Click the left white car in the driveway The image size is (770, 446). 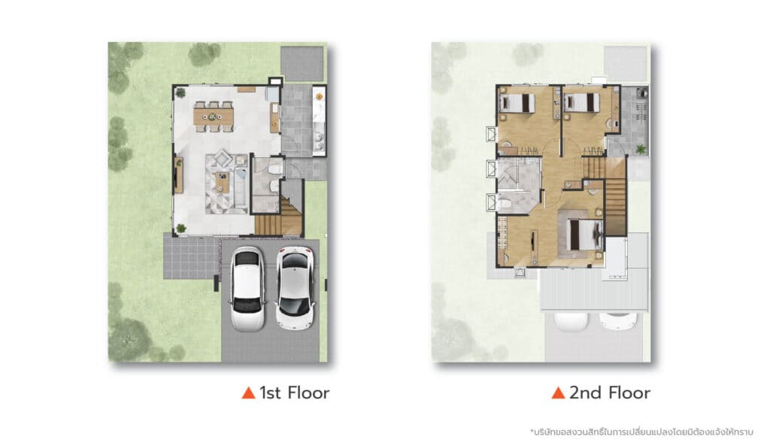point(248,289)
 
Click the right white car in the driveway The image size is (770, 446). point(295,288)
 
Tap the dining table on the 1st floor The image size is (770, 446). point(214,117)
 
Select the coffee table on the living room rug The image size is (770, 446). point(223,182)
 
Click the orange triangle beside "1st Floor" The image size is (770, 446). point(248,393)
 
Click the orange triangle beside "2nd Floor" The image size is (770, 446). point(558,393)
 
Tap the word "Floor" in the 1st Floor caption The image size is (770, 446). point(308,393)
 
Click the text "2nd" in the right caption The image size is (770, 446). point(585,393)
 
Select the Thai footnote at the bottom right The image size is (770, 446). point(641,432)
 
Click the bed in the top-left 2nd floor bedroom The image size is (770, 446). point(517,103)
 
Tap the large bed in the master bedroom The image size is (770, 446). point(584,235)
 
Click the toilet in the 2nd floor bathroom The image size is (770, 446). point(504,202)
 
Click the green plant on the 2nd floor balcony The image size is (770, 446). point(641,148)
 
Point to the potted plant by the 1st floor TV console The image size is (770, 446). point(181,228)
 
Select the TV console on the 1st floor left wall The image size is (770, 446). point(178,174)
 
